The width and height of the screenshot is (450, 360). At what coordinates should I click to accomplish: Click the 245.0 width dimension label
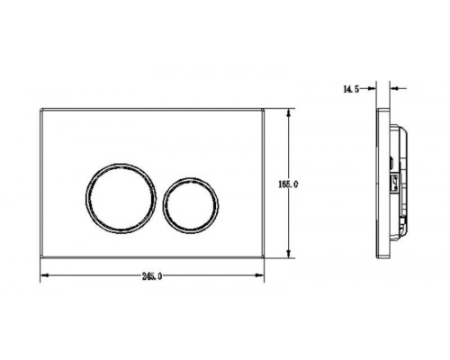coord(152,276)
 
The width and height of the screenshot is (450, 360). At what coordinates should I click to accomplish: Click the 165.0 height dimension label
coord(288,184)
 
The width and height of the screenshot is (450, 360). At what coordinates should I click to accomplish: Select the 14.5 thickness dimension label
coord(351,89)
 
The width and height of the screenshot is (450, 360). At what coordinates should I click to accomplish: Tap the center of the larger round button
coord(121,198)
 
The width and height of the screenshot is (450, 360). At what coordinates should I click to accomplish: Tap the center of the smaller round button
coord(191,205)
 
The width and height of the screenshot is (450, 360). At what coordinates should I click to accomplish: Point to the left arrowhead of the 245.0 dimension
coord(44,275)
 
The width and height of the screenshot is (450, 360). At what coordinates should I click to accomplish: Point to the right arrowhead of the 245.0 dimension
coord(260,275)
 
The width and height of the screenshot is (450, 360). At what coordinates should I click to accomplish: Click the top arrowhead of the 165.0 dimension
coord(289,112)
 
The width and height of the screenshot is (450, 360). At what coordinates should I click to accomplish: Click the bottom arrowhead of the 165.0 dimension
coord(289,254)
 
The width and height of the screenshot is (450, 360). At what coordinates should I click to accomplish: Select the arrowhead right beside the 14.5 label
coord(373,88)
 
